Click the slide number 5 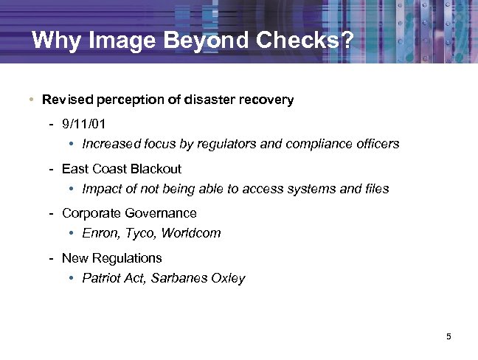(448, 337)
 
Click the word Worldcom (193, 234)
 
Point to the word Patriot (103, 279)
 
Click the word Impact (101, 190)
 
